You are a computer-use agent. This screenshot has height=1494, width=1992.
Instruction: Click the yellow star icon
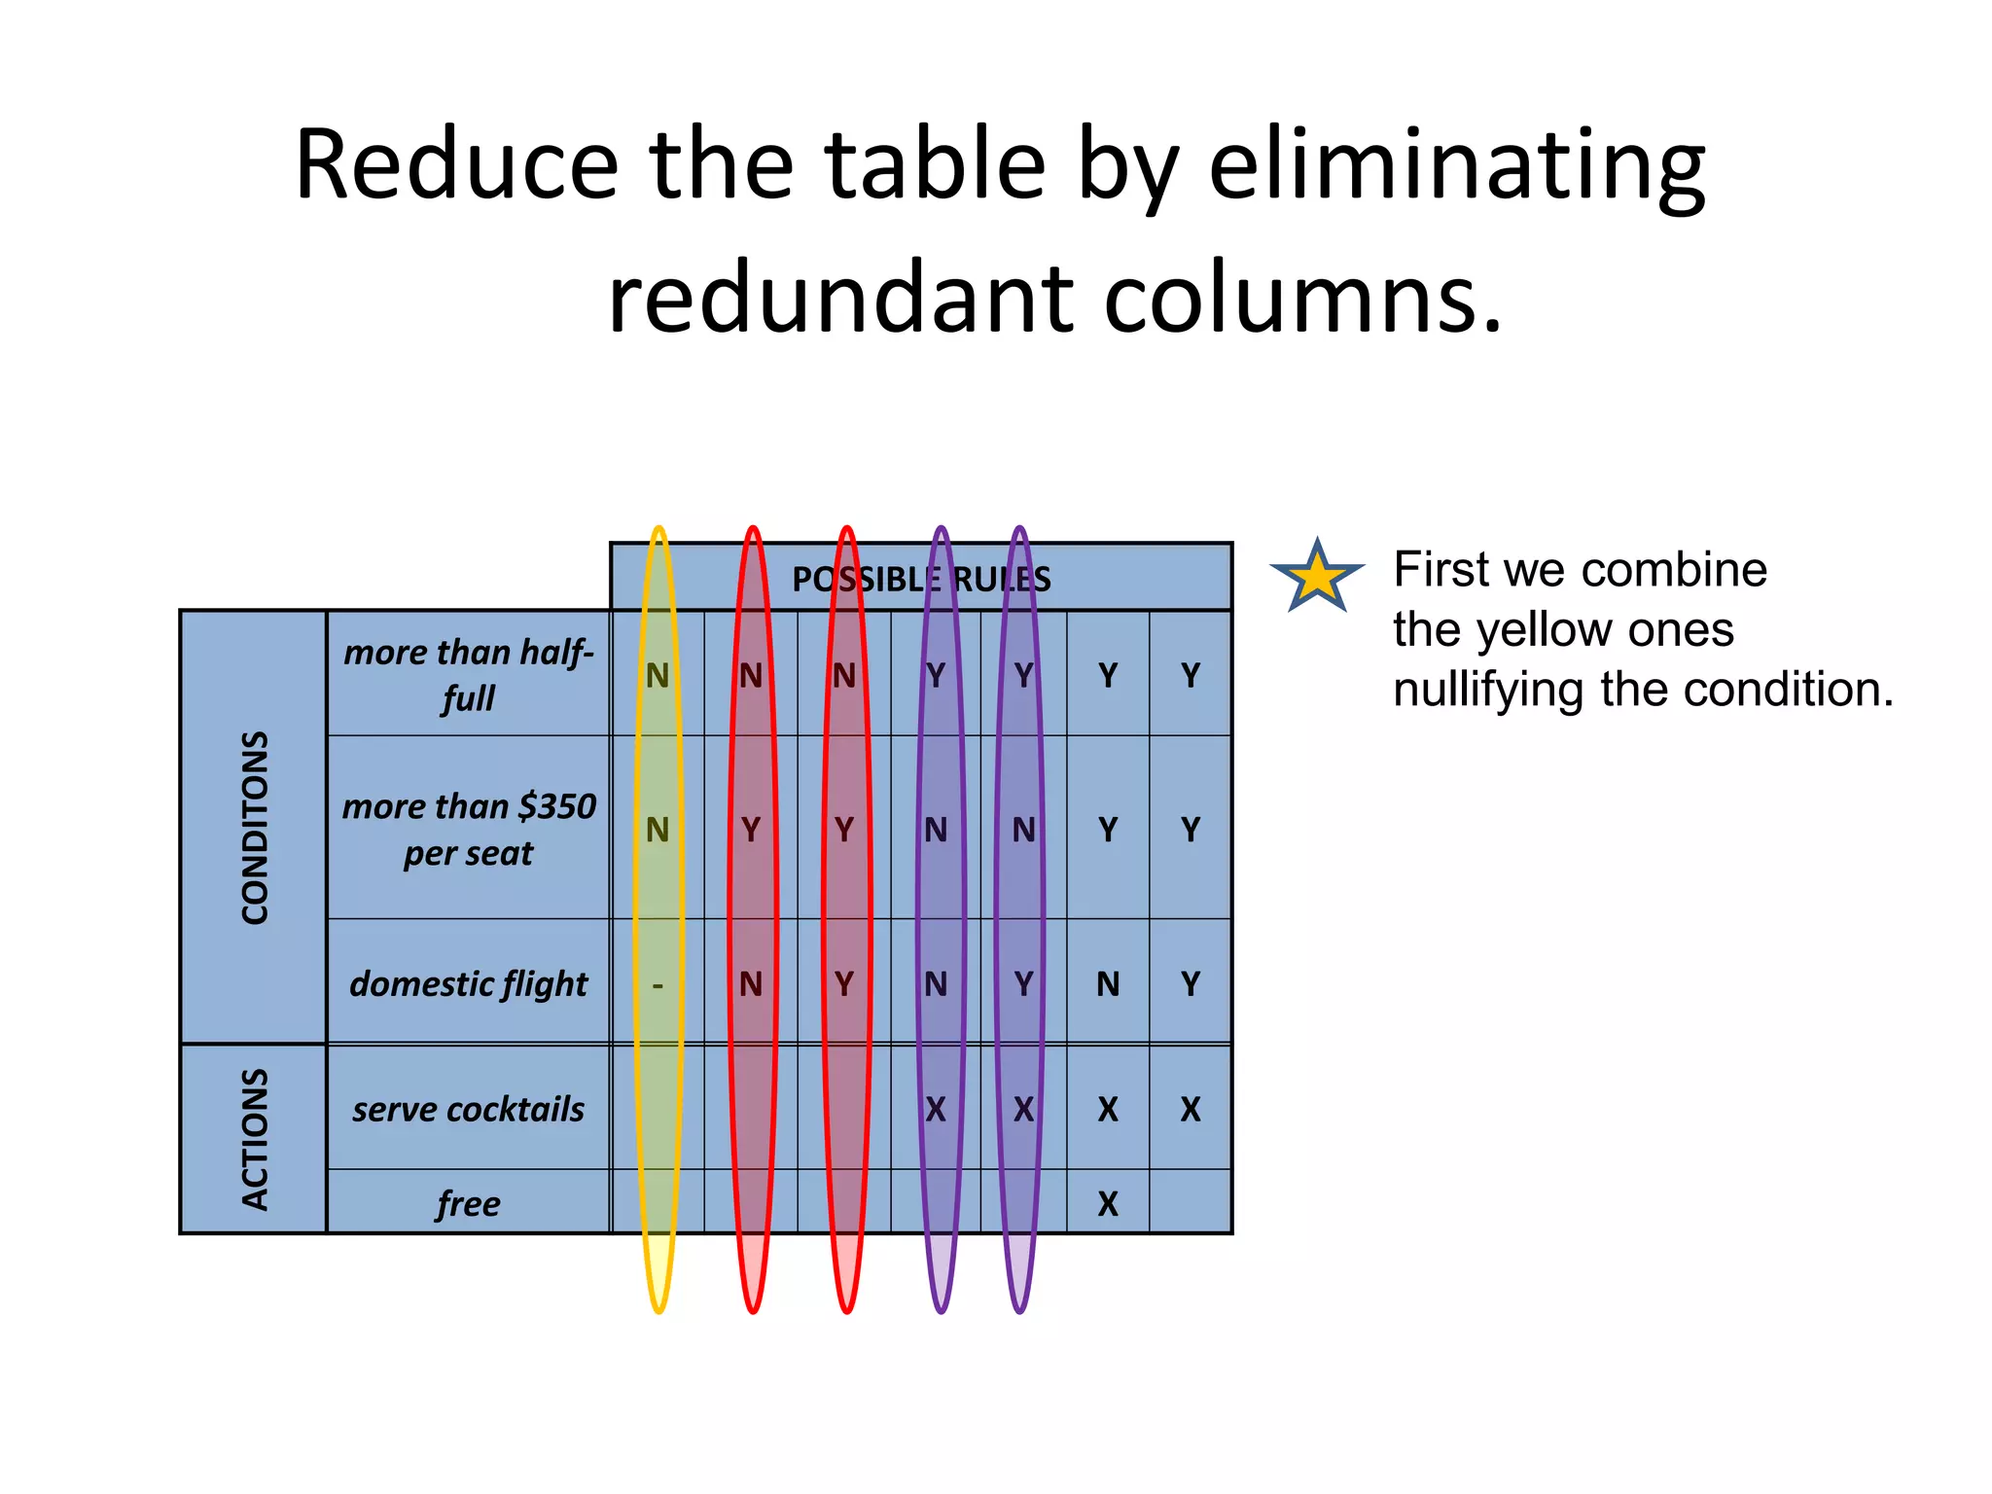click(x=1316, y=576)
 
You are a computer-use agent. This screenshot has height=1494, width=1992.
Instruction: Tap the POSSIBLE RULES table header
click(x=920, y=579)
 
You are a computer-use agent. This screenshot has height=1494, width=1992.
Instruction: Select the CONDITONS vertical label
click(x=254, y=827)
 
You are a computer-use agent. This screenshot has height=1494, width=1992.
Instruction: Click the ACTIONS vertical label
click(x=254, y=1139)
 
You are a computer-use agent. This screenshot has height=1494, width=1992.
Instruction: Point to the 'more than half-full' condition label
click(x=468, y=674)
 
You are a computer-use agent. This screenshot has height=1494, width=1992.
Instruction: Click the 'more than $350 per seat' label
click(x=468, y=829)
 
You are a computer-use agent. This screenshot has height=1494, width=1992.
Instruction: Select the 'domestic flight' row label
click(x=468, y=983)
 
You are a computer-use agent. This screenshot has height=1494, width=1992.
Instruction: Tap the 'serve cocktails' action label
click(x=468, y=1109)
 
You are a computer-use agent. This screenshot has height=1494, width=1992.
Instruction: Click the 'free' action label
click(x=468, y=1204)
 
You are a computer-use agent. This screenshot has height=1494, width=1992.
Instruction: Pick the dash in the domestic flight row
click(x=658, y=985)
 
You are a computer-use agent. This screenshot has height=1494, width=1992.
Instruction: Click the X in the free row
click(x=1107, y=1204)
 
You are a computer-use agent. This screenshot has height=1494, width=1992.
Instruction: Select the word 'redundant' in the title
click(x=839, y=297)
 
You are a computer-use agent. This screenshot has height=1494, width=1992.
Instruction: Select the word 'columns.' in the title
click(x=1303, y=297)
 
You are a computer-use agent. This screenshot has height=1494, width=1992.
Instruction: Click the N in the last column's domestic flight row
click(x=1107, y=984)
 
